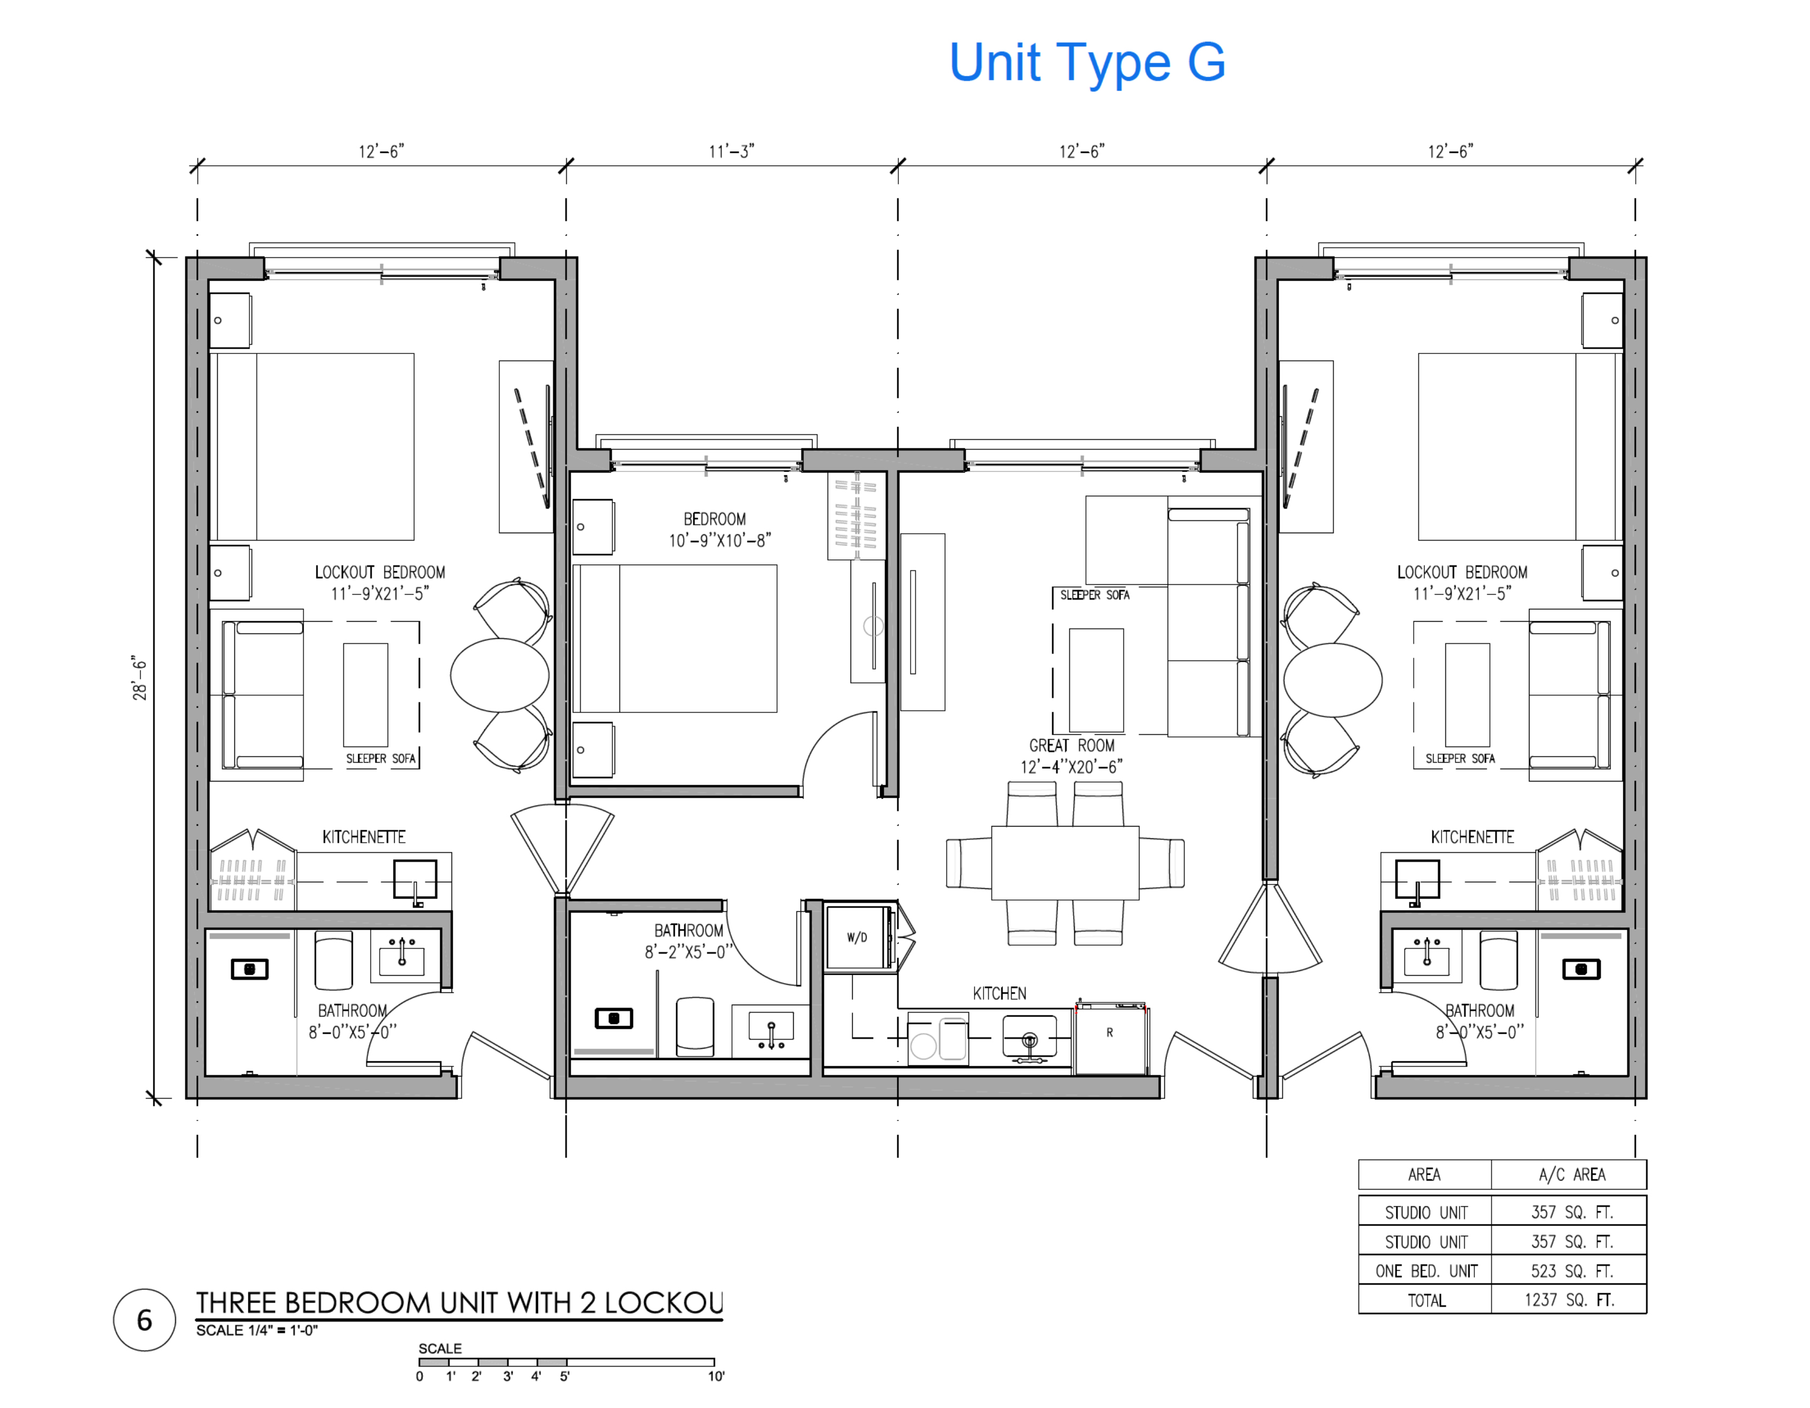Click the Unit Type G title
pyautogui.click(x=1087, y=63)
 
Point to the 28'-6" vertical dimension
pyautogui.click(x=139, y=679)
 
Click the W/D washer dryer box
pyautogui.click(x=858, y=937)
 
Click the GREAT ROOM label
pyautogui.click(x=1072, y=745)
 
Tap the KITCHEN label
pyautogui.click(x=1000, y=993)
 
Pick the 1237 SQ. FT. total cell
pyautogui.click(x=1569, y=1300)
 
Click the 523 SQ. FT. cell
pyautogui.click(x=1569, y=1271)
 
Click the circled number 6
pyautogui.click(x=144, y=1319)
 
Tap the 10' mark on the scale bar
pyautogui.click(x=716, y=1376)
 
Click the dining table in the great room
pyautogui.click(x=1065, y=863)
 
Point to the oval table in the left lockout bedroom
pyautogui.click(x=500, y=675)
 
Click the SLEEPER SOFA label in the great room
pyautogui.click(x=1094, y=595)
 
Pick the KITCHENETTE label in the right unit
pyautogui.click(x=1472, y=837)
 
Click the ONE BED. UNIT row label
pyautogui.click(x=1425, y=1271)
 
